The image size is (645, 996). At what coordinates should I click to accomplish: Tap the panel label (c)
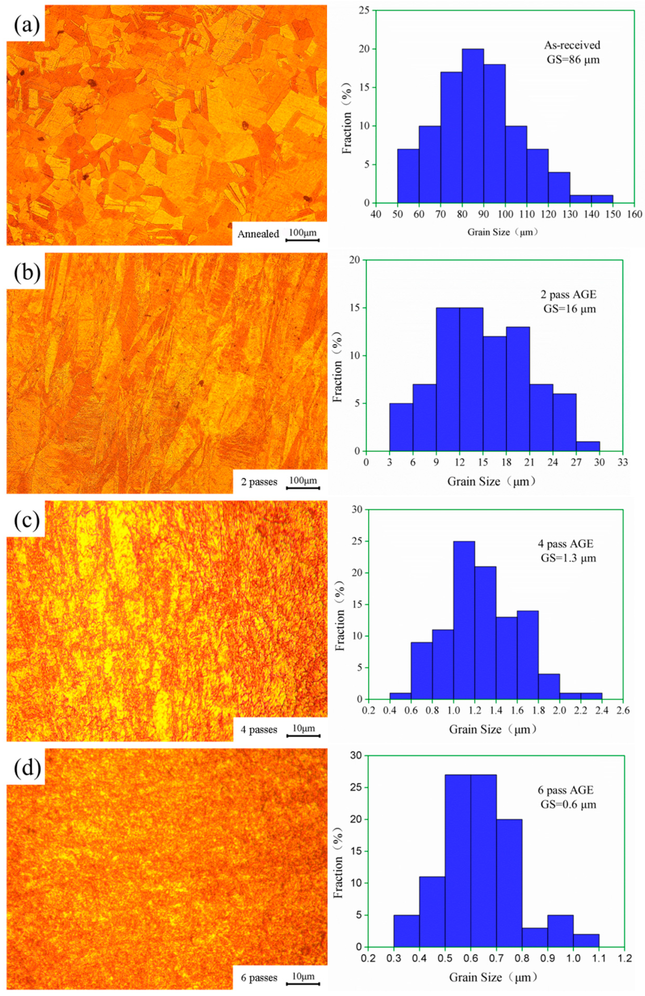pyautogui.click(x=26, y=520)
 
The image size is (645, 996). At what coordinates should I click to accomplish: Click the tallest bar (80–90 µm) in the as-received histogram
pyautogui.click(x=473, y=125)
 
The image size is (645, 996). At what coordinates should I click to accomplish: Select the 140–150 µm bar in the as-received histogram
pyautogui.click(x=602, y=199)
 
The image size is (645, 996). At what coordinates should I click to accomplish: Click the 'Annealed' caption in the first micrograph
pyautogui.click(x=258, y=234)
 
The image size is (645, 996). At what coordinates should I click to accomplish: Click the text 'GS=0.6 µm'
pyautogui.click(x=567, y=805)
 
